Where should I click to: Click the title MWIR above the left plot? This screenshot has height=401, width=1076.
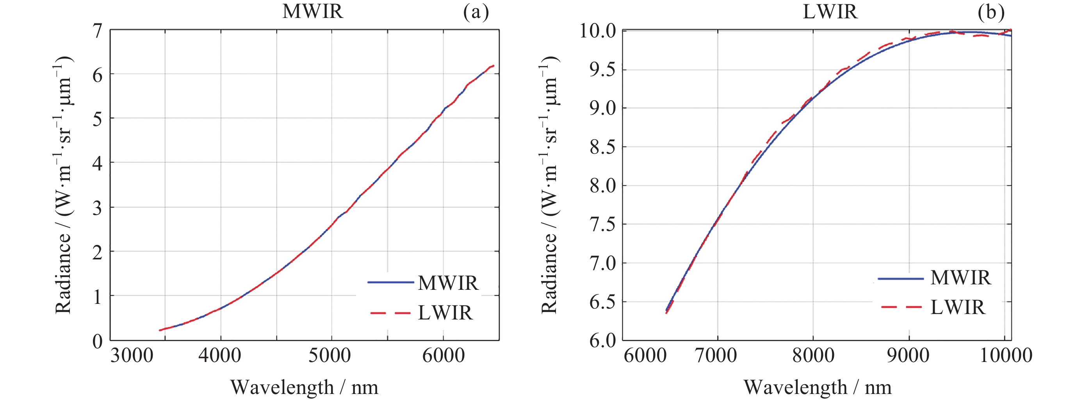click(x=313, y=11)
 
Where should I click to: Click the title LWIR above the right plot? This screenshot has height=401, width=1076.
click(x=830, y=11)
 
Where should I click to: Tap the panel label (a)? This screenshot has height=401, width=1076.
click(x=476, y=12)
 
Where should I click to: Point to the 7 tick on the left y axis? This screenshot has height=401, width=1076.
click(x=98, y=30)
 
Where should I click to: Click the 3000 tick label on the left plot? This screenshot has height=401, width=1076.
click(x=132, y=356)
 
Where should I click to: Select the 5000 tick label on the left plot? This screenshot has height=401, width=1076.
click(x=330, y=356)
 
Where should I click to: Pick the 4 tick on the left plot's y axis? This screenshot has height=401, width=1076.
click(x=98, y=163)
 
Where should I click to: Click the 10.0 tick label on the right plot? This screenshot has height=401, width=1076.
click(x=597, y=31)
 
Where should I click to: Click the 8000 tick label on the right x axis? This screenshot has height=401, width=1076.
click(x=813, y=356)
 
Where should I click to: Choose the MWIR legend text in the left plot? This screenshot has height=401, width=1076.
click(x=448, y=283)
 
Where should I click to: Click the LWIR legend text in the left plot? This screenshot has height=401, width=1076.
click(x=445, y=313)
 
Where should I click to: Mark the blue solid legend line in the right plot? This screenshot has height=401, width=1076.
click(x=901, y=279)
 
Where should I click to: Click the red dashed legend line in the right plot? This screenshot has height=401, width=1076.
click(x=901, y=307)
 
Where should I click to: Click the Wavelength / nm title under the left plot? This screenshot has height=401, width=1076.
click(x=304, y=387)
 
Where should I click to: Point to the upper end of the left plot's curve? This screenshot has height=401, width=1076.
click(x=493, y=66)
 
